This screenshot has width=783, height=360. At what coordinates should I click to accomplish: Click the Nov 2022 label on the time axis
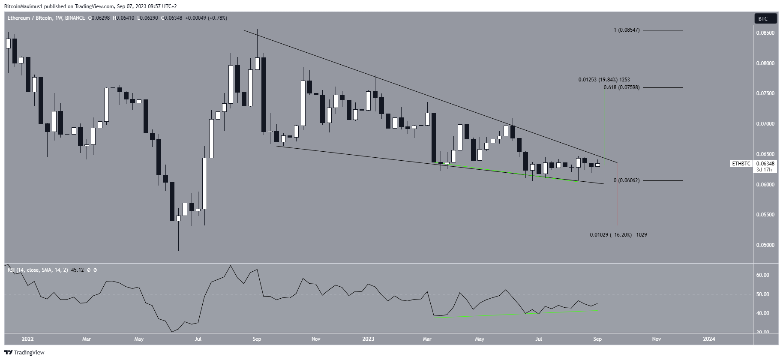[x=315, y=339]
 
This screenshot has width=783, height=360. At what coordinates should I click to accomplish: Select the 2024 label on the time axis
[x=709, y=339]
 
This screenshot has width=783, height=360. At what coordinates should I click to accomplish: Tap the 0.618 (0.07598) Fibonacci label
[x=621, y=88]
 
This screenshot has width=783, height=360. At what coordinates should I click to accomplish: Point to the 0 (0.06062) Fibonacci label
[x=626, y=181]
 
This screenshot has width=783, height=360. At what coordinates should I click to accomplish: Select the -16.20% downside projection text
[x=617, y=235]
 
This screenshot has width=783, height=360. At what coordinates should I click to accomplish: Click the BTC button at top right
[x=765, y=18]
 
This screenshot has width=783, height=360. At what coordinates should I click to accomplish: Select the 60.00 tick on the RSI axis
[x=763, y=275]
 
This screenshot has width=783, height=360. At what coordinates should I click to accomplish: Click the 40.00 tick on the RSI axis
[x=763, y=313]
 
